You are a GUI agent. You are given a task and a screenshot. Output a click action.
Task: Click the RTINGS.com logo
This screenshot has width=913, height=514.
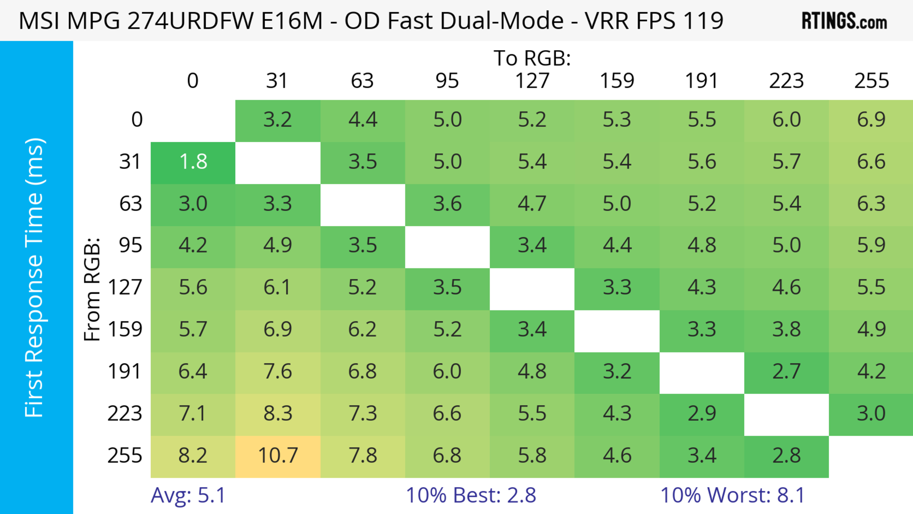[x=844, y=21]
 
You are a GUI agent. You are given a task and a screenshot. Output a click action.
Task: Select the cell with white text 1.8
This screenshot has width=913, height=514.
[x=193, y=162]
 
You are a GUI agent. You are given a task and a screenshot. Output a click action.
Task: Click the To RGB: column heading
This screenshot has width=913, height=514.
[x=532, y=58]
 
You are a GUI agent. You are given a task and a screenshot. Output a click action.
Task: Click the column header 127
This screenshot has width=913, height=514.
[x=532, y=81]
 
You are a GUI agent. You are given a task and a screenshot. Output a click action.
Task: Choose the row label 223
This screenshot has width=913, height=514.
[x=125, y=414]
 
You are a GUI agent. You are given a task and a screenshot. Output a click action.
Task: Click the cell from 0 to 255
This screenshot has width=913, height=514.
[x=871, y=120]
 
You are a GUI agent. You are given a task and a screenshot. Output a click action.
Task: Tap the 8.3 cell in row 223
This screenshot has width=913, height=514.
[x=278, y=414]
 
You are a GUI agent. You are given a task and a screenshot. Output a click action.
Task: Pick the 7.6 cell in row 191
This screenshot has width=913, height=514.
[x=278, y=372]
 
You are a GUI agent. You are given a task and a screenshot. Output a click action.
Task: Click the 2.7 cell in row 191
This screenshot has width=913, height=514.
[x=787, y=372]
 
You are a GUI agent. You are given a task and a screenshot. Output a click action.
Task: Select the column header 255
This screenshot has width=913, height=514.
[x=871, y=81]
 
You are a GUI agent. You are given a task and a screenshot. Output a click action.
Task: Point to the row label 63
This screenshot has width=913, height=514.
[x=131, y=204]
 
